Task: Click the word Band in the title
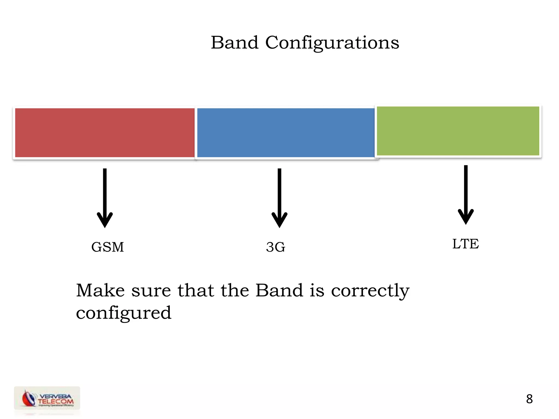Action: click(x=234, y=43)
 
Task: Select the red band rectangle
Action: click(x=105, y=133)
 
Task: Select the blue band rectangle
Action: click(x=286, y=133)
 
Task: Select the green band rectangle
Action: click(x=458, y=131)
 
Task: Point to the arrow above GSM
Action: click(x=105, y=198)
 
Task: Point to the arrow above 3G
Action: click(x=279, y=198)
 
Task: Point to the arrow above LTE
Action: click(x=466, y=195)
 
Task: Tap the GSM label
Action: click(x=108, y=247)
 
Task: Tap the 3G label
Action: click(x=276, y=247)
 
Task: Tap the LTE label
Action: click(x=465, y=244)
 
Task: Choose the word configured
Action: click(x=124, y=313)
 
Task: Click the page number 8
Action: click(x=529, y=399)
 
